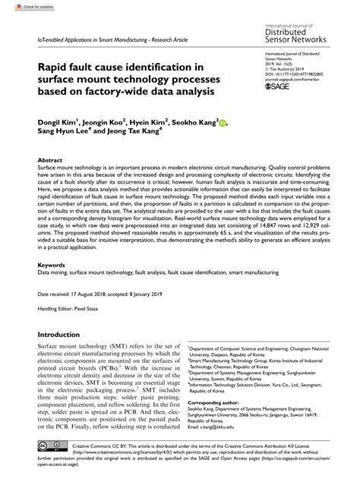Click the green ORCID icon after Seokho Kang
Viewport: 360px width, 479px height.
pos(223,121)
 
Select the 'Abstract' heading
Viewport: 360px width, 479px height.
pos(50,161)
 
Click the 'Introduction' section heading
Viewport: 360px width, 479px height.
pos(65,333)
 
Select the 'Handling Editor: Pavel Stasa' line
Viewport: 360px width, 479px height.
pos(71,309)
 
